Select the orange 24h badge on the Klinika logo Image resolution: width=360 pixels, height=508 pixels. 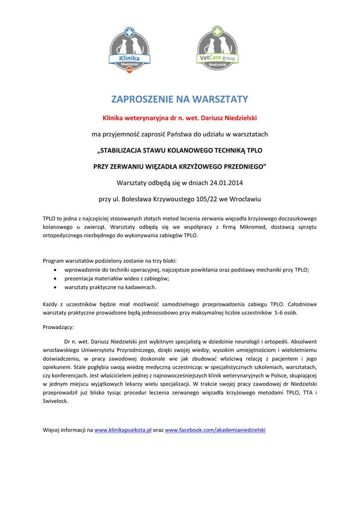129,70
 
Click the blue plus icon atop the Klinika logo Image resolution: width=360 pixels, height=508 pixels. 129,32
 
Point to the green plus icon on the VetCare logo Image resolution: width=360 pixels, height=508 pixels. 217,31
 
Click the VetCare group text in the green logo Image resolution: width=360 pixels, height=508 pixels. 217,58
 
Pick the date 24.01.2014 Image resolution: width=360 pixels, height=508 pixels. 226,182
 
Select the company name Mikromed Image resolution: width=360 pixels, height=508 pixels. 255,227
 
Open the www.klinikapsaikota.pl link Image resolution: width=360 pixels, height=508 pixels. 123,430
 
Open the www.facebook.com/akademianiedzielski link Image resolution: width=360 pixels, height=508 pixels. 215,430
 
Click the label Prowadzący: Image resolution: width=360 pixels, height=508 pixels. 58,327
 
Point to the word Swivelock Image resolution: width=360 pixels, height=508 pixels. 56,401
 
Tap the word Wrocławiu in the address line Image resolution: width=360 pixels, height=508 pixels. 244,199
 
